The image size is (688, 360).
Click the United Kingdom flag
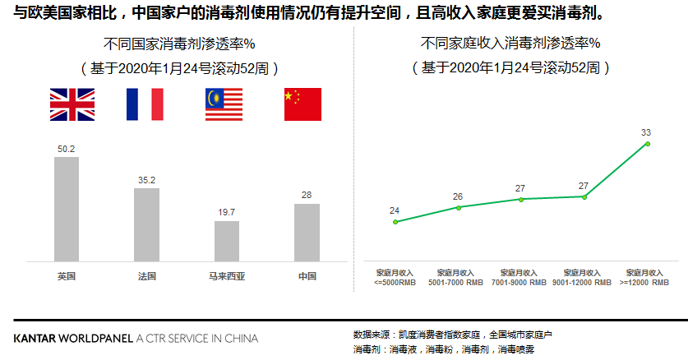pos(72,104)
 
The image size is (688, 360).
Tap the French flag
pos(145,104)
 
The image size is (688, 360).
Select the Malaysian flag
pos(224,104)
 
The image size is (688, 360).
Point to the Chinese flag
pos(302,104)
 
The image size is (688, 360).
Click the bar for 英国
pos(67,210)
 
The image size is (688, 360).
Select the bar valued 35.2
pos(146,224)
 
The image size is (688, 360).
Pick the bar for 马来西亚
pos(227,241)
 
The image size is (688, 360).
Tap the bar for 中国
pos(307,233)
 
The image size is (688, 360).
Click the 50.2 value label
pos(67,149)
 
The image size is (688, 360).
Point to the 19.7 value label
pos(227,213)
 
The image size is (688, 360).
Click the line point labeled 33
pos(648,144)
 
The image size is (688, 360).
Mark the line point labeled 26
pos(459,207)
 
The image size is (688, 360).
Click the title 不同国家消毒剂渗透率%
pos(182,43)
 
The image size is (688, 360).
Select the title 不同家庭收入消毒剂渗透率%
pos(510,43)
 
